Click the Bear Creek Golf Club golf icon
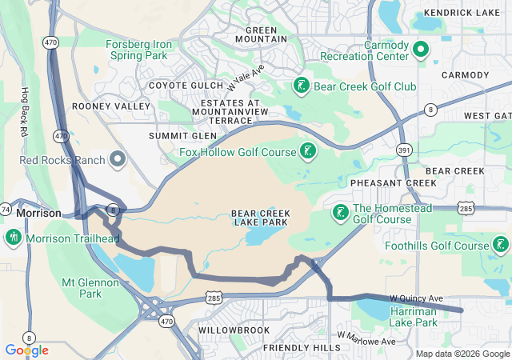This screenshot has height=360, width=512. point(302,86)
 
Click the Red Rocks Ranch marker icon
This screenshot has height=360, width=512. point(118,160)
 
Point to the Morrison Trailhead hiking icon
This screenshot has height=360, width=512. point(13,238)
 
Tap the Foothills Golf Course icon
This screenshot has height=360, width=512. point(501,246)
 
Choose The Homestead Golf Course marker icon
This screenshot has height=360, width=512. point(339,213)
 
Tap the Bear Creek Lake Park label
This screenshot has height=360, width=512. point(260,218)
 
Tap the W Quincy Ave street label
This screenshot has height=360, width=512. point(416,298)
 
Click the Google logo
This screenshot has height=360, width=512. point(26,350)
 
